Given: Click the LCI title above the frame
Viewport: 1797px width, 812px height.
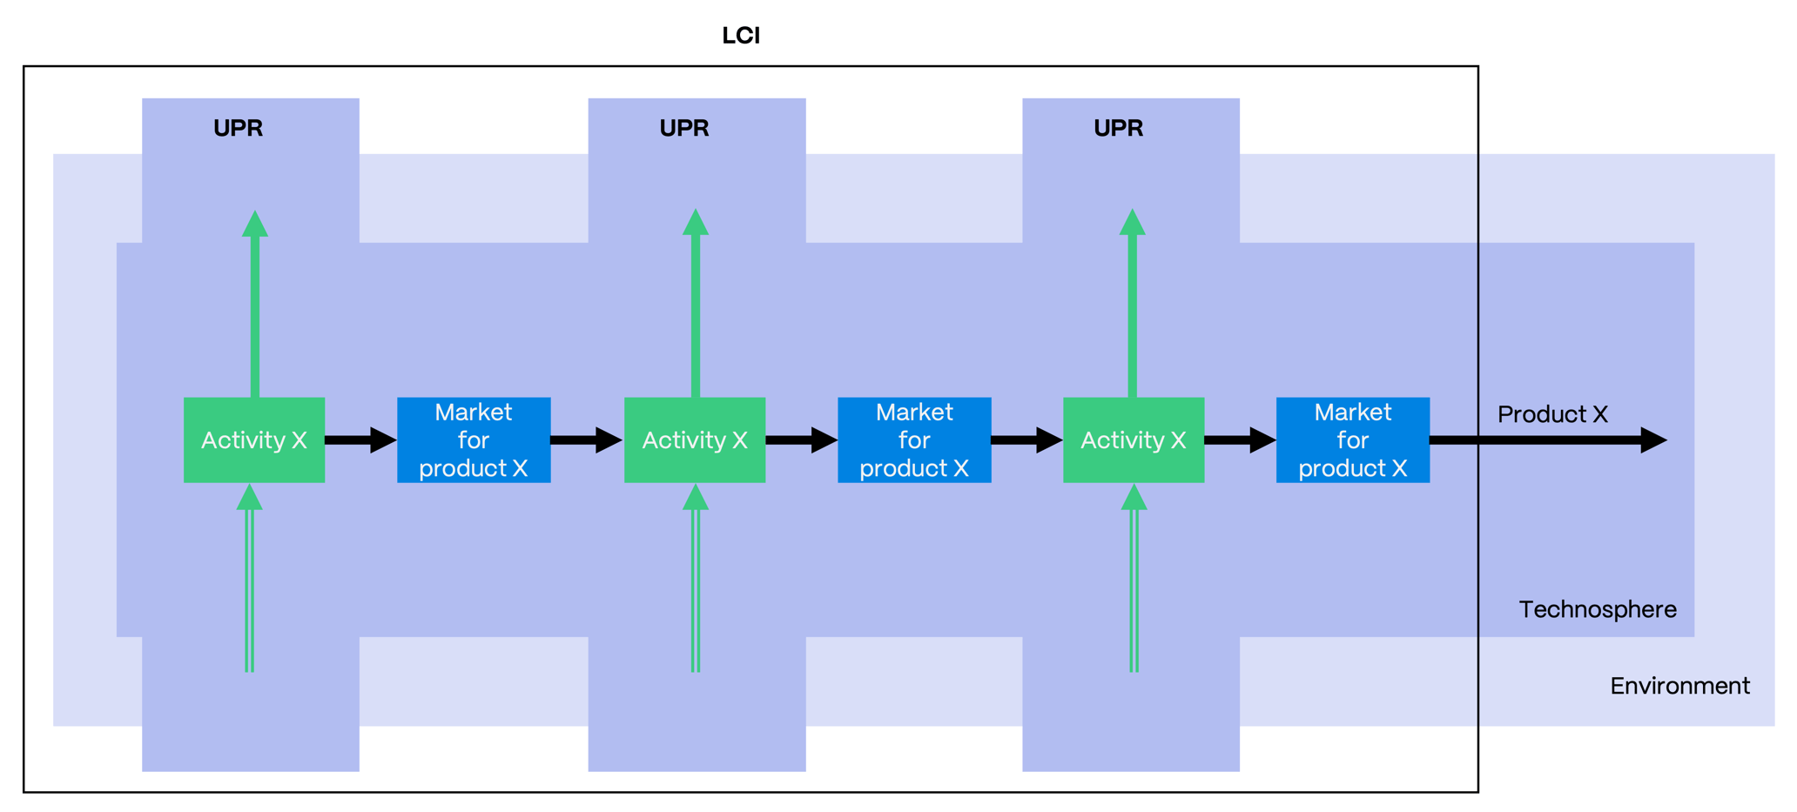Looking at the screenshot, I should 741,36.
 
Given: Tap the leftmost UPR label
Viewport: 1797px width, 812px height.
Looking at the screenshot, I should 238,128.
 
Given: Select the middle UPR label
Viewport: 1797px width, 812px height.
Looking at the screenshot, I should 683,128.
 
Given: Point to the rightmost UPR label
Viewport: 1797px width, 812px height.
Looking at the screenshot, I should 1118,128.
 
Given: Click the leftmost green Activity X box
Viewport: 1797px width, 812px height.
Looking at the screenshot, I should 254,440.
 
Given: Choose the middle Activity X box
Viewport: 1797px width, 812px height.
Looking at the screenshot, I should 695,440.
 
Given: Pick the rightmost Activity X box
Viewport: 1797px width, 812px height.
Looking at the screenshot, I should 1134,440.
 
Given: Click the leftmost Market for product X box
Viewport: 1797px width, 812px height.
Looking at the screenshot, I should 474,440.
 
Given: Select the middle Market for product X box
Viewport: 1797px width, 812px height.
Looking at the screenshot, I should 914,440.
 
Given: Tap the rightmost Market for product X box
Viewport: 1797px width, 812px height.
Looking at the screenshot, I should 1353,440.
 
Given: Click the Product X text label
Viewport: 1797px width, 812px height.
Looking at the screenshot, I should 1552,414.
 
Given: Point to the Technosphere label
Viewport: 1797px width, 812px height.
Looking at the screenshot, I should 1598,609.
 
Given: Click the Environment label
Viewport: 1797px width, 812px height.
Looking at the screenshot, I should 1679,686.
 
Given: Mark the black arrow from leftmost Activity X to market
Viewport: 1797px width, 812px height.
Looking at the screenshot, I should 360,440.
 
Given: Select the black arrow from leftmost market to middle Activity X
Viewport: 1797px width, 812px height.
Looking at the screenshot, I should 586,440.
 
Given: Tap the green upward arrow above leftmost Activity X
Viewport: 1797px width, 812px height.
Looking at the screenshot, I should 255,305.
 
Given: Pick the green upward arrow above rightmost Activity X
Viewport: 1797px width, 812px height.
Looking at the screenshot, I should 1133,305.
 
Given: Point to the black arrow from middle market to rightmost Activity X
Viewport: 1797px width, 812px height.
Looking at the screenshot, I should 1026,440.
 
